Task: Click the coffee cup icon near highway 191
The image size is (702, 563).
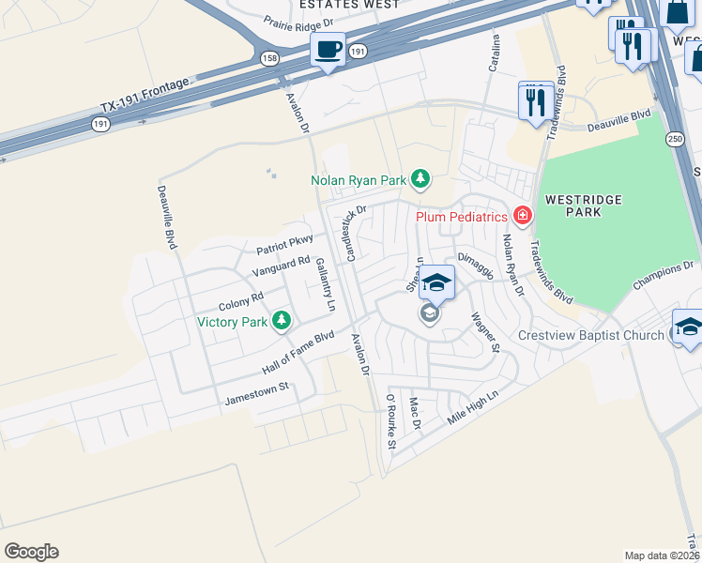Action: (328, 49)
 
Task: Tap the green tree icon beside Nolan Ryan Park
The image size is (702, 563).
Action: (421, 178)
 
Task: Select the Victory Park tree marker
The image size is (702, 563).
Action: (281, 322)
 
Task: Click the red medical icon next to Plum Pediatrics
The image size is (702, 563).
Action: (522, 217)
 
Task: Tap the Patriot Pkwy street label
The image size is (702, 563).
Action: (284, 245)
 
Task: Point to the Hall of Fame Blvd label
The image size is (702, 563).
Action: (298, 353)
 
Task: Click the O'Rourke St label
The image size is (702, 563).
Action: (392, 421)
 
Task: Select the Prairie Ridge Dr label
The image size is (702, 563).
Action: (298, 23)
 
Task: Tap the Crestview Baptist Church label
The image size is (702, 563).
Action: (590, 335)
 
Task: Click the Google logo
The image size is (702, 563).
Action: (31, 552)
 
